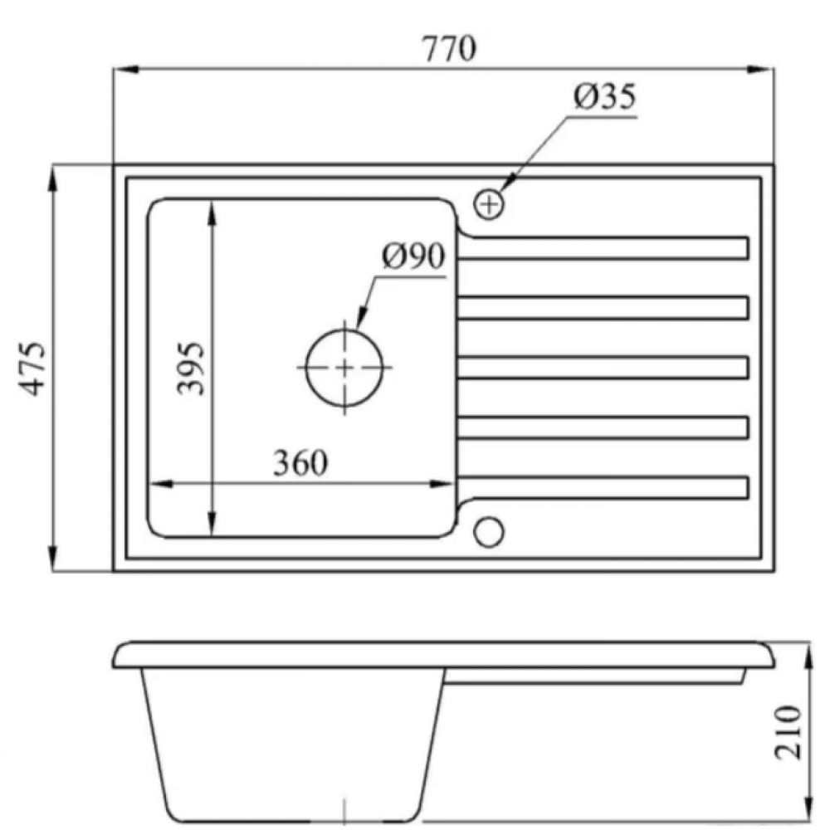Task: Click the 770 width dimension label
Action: (x=449, y=48)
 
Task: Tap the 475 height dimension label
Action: (x=32, y=369)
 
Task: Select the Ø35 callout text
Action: (x=605, y=97)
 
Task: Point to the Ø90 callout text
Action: (x=414, y=256)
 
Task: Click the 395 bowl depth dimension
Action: (x=190, y=369)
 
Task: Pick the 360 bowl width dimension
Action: (x=300, y=462)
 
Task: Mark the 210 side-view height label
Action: (x=788, y=733)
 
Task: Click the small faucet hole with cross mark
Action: (x=489, y=204)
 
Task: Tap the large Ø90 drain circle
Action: (x=344, y=368)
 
